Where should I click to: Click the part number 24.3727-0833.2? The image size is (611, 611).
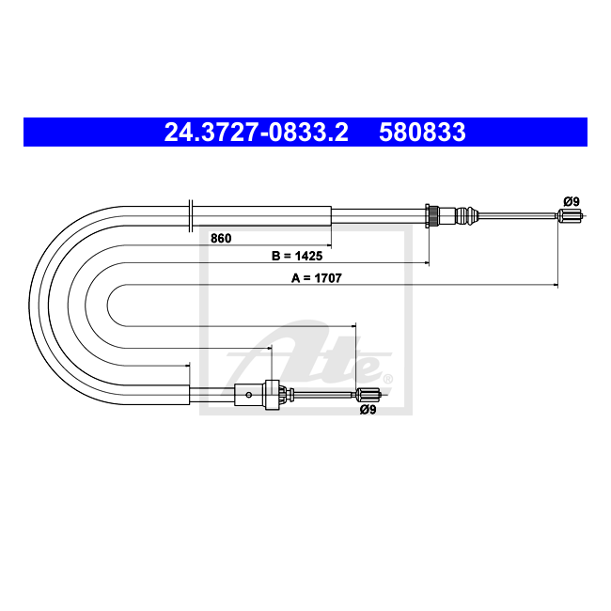(x=256, y=132)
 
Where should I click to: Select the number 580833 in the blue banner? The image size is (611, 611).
(x=422, y=132)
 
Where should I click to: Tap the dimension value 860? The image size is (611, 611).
(x=221, y=238)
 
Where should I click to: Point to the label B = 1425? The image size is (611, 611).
(x=297, y=256)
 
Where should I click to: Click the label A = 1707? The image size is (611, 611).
(x=317, y=278)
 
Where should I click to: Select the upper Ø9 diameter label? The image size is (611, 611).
(x=572, y=201)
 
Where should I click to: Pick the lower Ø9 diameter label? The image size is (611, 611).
(x=368, y=410)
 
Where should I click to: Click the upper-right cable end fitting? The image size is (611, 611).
(x=570, y=215)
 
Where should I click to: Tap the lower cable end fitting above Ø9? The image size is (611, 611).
(x=368, y=395)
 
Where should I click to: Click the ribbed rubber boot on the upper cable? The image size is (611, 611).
(x=466, y=215)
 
